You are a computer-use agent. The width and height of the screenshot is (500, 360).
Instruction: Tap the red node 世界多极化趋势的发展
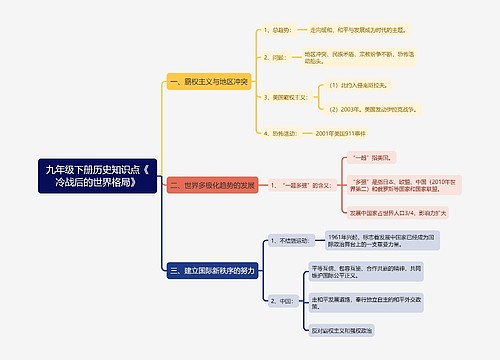pos(212,185)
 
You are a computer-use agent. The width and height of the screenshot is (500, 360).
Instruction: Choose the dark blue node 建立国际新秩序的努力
pos(212,270)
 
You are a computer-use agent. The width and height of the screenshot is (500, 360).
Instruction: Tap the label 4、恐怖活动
pos(273,133)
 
